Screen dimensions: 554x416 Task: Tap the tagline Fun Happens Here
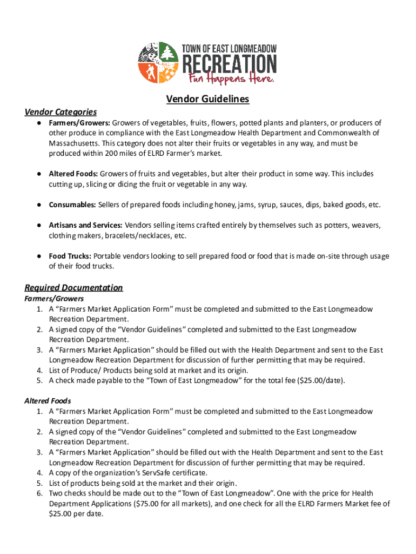coord(231,79)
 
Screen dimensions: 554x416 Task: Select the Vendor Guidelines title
coord(207,99)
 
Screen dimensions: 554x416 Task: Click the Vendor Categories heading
coord(61,112)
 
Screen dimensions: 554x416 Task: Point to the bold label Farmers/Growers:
coord(79,123)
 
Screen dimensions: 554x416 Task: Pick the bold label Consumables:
coord(72,205)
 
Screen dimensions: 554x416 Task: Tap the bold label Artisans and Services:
coord(85,225)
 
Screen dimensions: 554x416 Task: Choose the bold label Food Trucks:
coord(70,256)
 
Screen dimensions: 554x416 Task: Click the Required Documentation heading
coord(73,287)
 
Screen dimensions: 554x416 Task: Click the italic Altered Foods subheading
coord(48,401)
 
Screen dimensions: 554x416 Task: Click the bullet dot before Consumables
coord(40,205)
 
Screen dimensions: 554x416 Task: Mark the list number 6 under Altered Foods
coord(39,493)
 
